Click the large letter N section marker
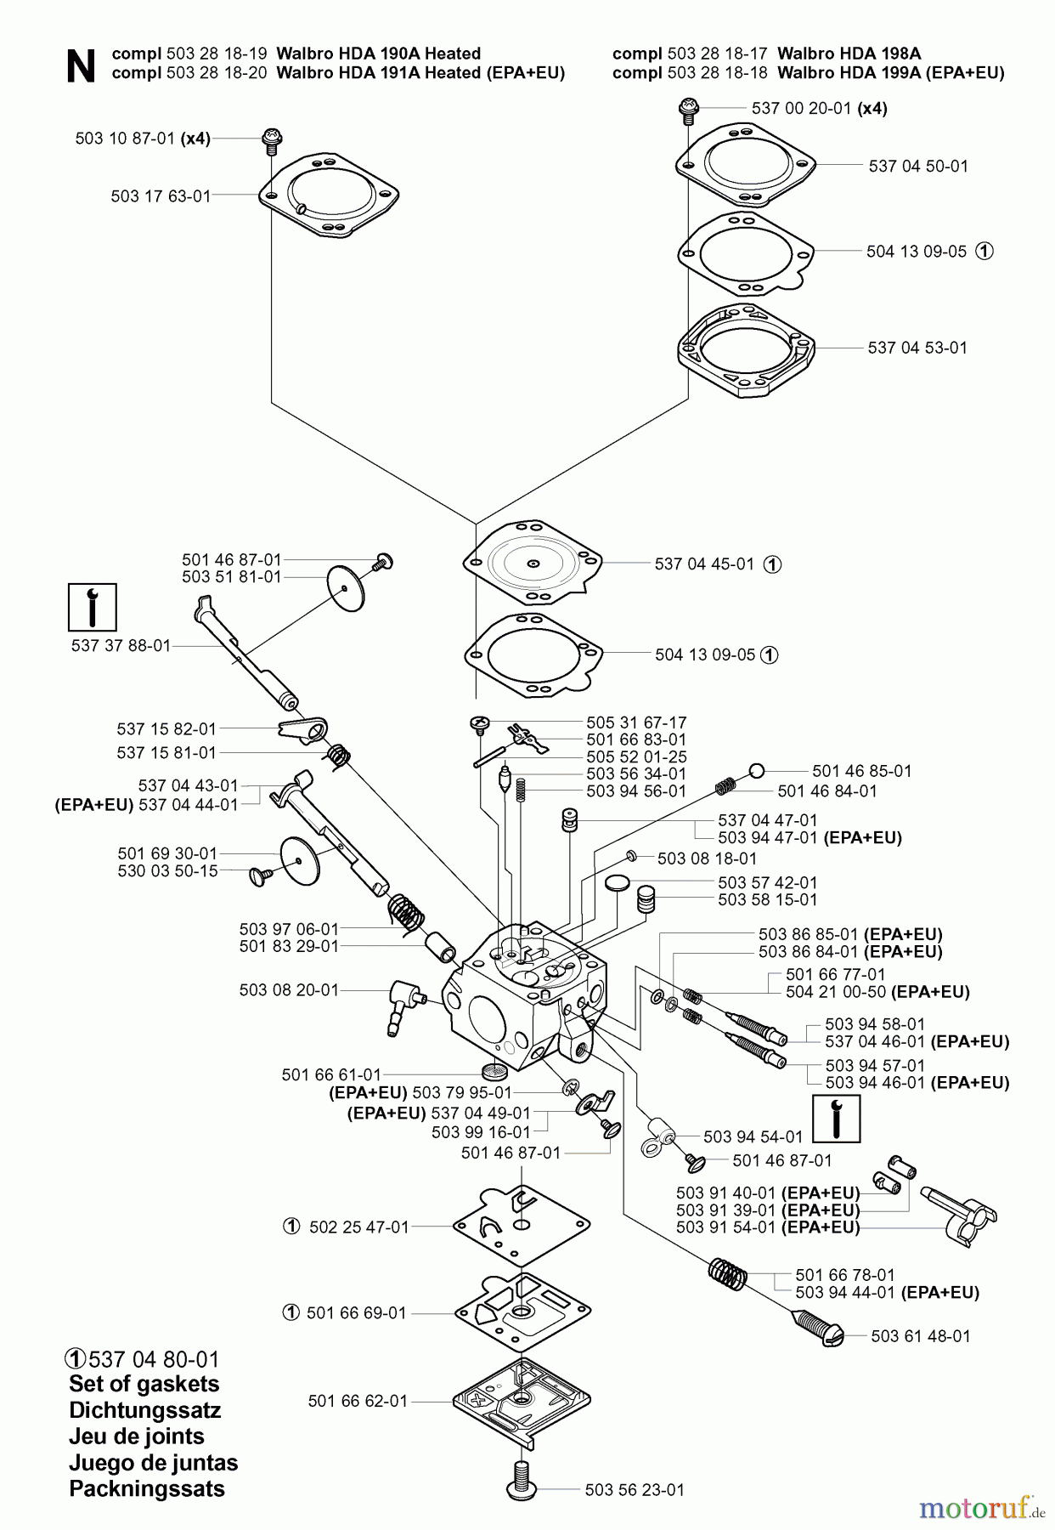tap(81, 65)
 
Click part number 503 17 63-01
tap(161, 196)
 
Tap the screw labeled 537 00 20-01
tap(686, 108)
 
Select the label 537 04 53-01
tap(917, 348)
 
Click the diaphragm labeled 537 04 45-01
tap(533, 564)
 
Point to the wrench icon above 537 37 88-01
tap(92, 607)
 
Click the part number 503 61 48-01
tap(921, 1335)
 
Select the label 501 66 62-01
tap(358, 1400)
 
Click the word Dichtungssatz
tap(144, 1410)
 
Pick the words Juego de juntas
tap(153, 1463)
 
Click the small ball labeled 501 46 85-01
tap(757, 771)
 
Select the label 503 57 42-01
tap(768, 882)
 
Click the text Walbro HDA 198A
tap(849, 54)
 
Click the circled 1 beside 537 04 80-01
tap(76, 1358)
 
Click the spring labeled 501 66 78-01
tap(727, 1274)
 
